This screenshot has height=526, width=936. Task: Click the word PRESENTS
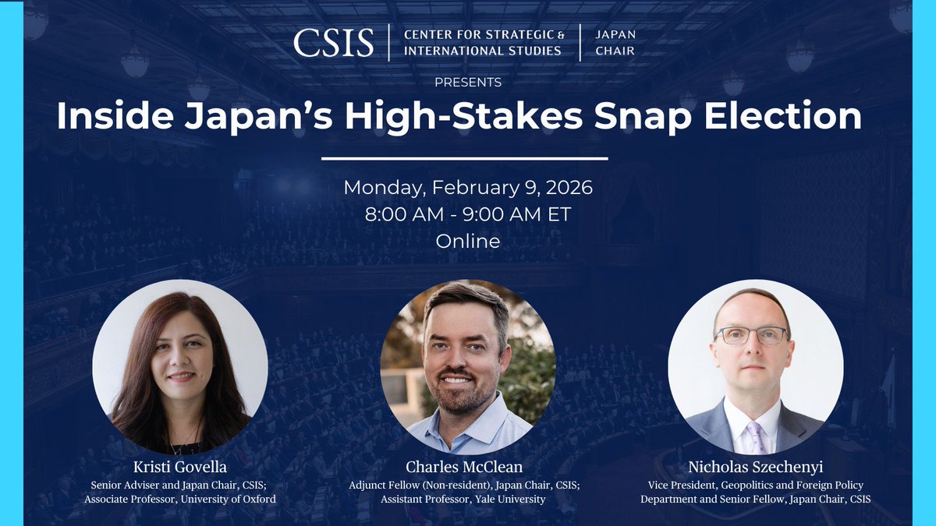pyautogui.click(x=468, y=81)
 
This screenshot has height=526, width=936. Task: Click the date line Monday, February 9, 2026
pyautogui.click(x=468, y=188)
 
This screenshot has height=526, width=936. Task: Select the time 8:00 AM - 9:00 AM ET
pyautogui.click(x=468, y=214)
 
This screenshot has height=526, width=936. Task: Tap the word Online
pyautogui.click(x=468, y=241)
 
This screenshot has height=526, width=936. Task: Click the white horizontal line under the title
pyautogui.click(x=465, y=158)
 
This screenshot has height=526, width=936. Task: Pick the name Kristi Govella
pyautogui.click(x=180, y=467)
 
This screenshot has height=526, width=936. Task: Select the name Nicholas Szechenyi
pyautogui.click(x=755, y=467)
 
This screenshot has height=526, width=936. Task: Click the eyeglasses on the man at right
pyautogui.click(x=750, y=336)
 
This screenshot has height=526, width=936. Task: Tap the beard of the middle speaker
pyautogui.click(x=466, y=394)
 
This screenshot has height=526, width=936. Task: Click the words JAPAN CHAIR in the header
pyautogui.click(x=615, y=42)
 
